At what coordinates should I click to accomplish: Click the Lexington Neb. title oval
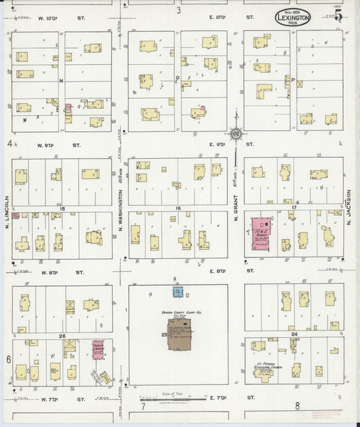pos(292,17)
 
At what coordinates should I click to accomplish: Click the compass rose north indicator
pos(236,134)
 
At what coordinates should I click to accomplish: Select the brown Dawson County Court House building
pos(181,335)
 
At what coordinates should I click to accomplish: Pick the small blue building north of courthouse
pos(178,292)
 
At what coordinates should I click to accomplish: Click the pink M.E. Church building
pos(263,234)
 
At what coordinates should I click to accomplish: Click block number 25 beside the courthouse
pos(163,335)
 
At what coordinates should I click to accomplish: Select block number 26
pos(61,336)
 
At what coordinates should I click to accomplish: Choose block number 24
pos(294,334)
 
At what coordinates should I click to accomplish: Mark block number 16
pos(178,208)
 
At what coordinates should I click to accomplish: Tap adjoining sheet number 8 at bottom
pos(297,406)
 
